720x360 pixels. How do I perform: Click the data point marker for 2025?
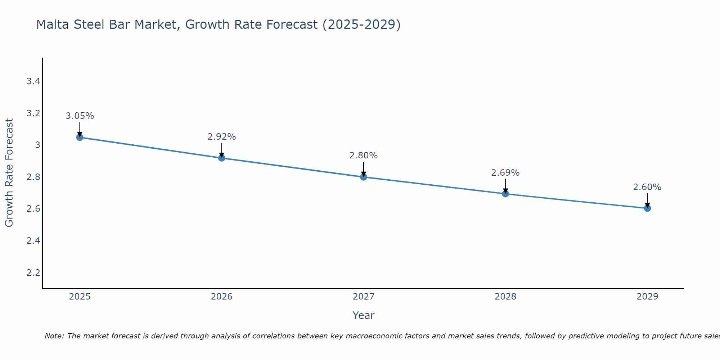click(80, 137)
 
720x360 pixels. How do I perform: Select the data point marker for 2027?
click(364, 177)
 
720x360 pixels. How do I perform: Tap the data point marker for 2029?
click(647, 208)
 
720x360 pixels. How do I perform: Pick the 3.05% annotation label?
click(80, 116)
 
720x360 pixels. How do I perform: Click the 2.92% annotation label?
click(222, 137)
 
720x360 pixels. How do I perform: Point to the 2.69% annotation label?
click(505, 173)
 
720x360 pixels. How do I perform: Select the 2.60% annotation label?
click(647, 187)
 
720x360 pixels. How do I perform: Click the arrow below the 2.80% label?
click(364, 168)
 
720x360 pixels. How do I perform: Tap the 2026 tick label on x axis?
click(222, 297)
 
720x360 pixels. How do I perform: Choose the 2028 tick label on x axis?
click(505, 297)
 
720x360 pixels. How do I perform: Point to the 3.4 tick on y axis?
click(33, 81)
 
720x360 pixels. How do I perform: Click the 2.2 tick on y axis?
click(33, 273)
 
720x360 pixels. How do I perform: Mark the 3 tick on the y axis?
click(37, 145)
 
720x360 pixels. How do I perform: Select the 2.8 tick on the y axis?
click(33, 177)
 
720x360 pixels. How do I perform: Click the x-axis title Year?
click(364, 315)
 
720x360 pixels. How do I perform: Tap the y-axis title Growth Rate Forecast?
click(9, 173)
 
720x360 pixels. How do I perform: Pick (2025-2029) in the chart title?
click(361, 24)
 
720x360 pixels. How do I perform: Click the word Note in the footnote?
click(54, 336)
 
